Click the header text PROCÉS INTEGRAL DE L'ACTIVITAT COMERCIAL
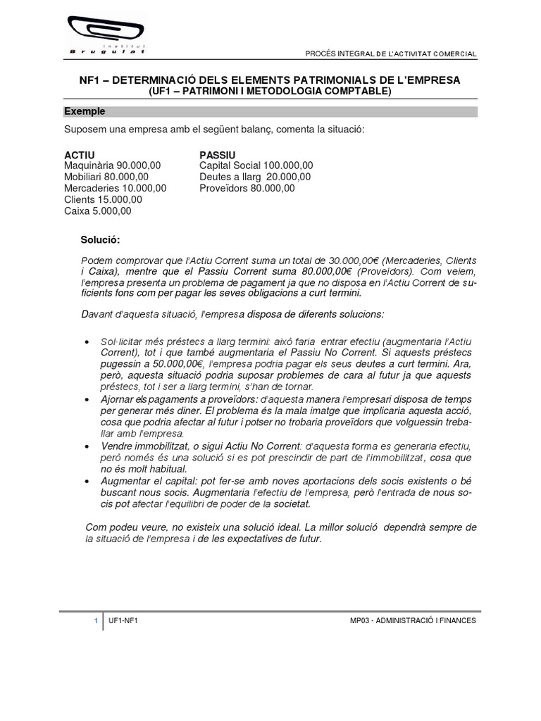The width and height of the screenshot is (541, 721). click(x=391, y=54)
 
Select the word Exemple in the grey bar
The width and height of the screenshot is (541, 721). click(x=85, y=111)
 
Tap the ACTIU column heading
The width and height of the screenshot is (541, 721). click(x=79, y=154)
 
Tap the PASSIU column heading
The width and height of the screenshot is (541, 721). click(x=218, y=154)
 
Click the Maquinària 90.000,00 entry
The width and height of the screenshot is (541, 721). click(x=113, y=165)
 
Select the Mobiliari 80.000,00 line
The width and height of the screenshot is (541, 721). click(x=106, y=177)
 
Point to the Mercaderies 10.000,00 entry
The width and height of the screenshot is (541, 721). click(x=116, y=188)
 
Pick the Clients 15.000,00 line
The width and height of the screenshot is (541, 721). click(x=103, y=199)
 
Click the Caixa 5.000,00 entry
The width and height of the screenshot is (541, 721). click(x=98, y=211)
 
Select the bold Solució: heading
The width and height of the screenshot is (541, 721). click(x=101, y=240)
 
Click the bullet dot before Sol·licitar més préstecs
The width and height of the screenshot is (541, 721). click(x=87, y=341)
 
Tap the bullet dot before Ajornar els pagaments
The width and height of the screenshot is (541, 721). click(x=87, y=399)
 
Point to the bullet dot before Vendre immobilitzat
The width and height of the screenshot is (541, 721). click(x=87, y=446)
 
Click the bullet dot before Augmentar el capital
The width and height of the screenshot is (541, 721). click(x=87, y=481)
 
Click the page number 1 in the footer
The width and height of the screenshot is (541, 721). click(x=96, y=620)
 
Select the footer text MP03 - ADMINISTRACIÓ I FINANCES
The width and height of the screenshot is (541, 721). click(x=413, y=620)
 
